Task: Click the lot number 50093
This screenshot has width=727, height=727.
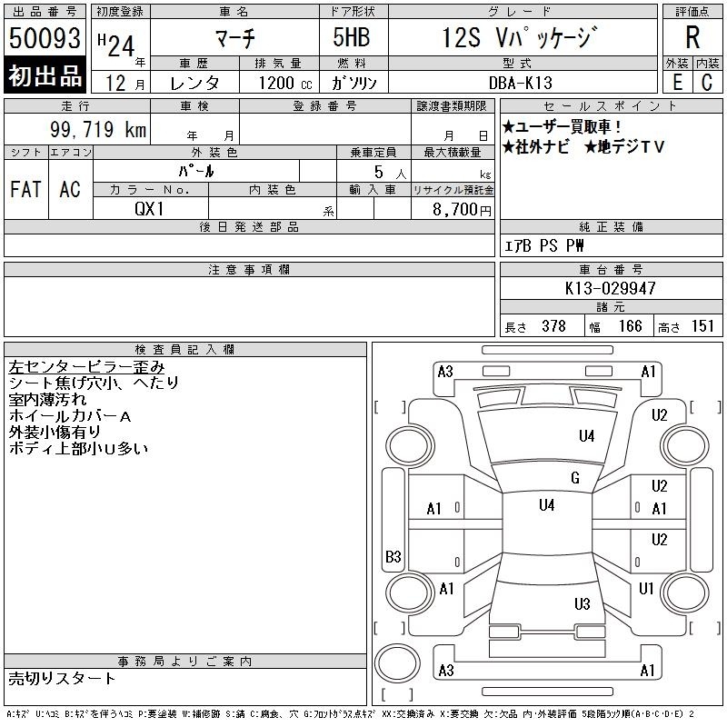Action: pos(45,38)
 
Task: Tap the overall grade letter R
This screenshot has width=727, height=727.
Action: pos(692,37)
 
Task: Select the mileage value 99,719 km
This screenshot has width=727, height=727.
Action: pos(98,129)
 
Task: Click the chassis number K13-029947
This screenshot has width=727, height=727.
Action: pos(610,288)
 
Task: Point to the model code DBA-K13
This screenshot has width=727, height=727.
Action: pos(521,83)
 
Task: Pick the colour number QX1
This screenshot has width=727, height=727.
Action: pos(149,209)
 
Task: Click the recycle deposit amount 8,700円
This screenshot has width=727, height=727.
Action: pos(462,210)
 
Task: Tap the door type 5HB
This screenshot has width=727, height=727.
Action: pos(352,37)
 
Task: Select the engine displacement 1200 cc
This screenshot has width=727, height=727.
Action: pos(285,83)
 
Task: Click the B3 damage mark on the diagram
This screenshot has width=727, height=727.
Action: pos(393,556)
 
